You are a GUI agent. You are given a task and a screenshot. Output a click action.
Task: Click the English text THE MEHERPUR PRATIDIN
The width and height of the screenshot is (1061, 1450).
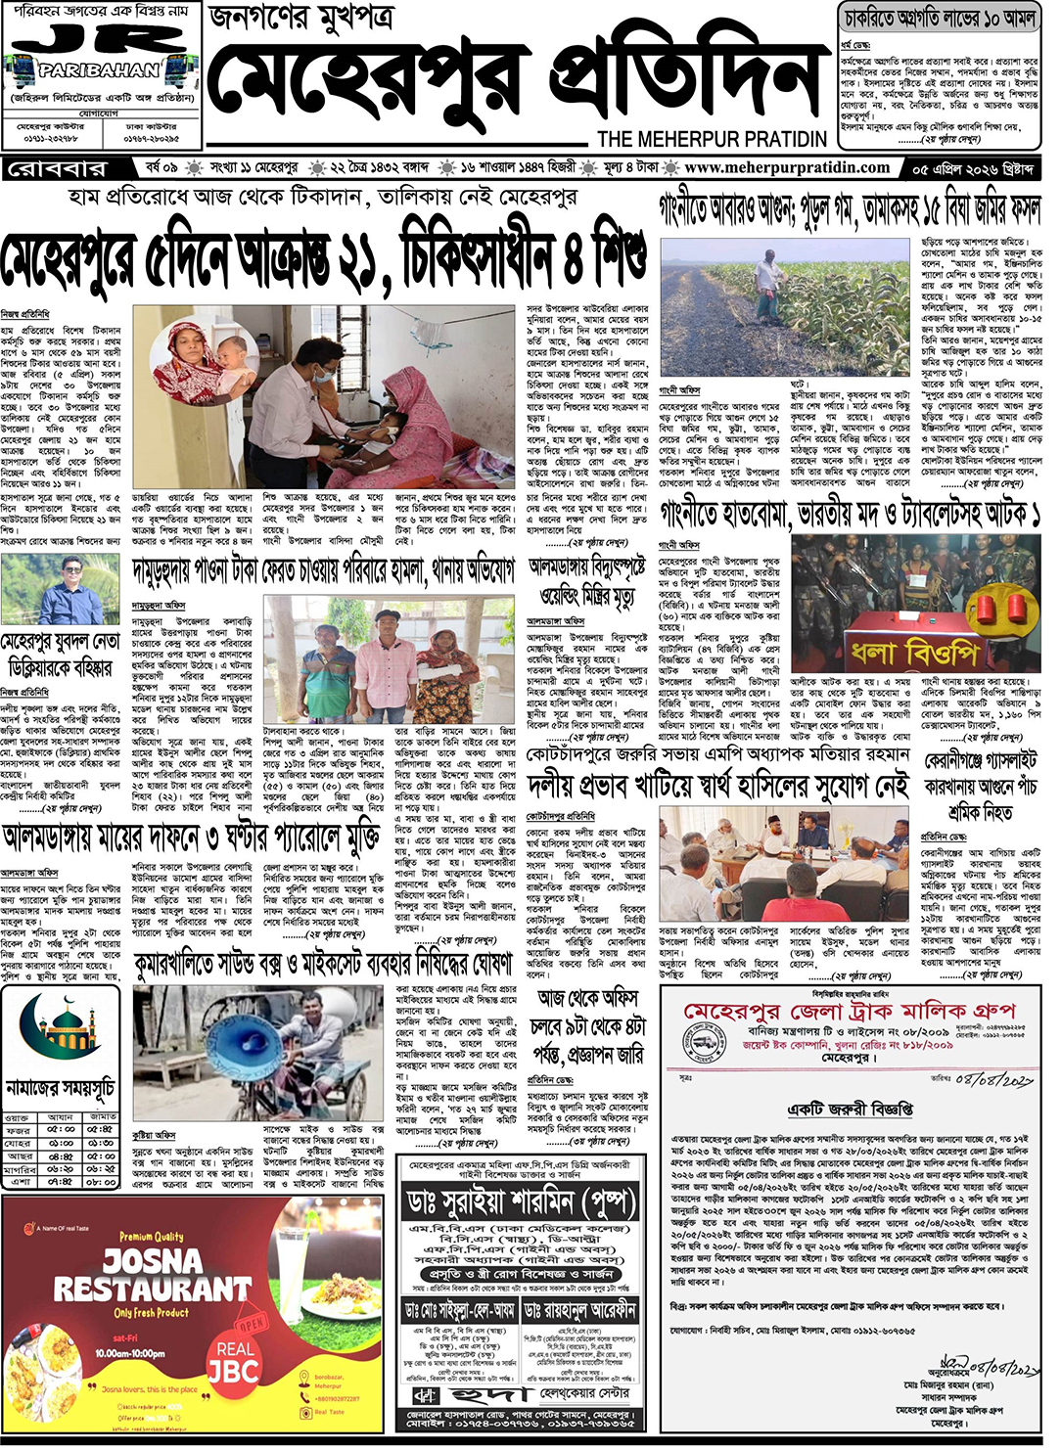click(x=712, y=139)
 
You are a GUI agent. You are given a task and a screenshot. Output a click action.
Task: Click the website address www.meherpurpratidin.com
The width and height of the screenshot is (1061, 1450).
click(x=787, y=167)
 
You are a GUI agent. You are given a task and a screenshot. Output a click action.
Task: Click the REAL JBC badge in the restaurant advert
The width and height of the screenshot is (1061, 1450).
click(x=233, y=1361)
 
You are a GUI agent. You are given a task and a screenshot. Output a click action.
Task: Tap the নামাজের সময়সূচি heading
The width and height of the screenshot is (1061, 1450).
click(x=60, y=1088)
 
